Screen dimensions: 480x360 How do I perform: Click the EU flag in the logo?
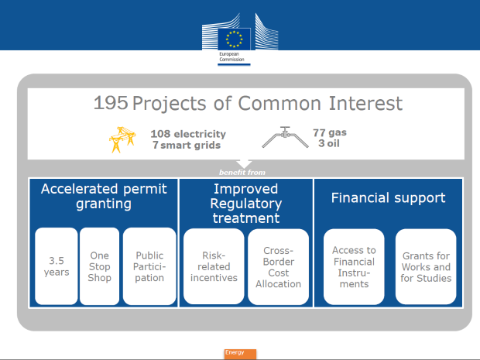[234, 39]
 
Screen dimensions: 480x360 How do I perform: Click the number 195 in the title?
[111, 102]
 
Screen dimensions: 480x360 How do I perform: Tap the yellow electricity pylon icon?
[122, 139]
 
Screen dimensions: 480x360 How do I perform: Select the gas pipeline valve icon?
[285, 137]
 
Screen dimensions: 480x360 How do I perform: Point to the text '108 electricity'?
[188, 134]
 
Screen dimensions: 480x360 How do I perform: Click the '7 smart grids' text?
[187, 145]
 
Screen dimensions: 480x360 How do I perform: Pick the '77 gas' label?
[330, 132]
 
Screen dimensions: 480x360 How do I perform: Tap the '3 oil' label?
[329, 143]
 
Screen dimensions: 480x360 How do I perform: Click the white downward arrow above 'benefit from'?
[244, 164]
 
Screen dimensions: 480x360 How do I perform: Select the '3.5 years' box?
[57, 266]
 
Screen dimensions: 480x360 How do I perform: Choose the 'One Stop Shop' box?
[100, 266]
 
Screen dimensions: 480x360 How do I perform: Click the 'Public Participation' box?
[149, 266]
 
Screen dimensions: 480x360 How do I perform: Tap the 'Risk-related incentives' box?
[214, 266]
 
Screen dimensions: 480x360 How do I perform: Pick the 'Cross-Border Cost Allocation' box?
[278, 266]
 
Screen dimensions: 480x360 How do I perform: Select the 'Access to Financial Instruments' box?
[354, 266]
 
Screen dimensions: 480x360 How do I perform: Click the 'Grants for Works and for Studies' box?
[426, 266]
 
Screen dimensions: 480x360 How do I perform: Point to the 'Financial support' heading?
[388, 197]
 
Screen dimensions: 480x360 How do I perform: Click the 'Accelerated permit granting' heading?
[104, 196]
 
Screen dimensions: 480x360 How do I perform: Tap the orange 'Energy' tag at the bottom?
[240, 354]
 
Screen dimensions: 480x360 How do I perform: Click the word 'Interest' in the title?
[365, 103]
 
